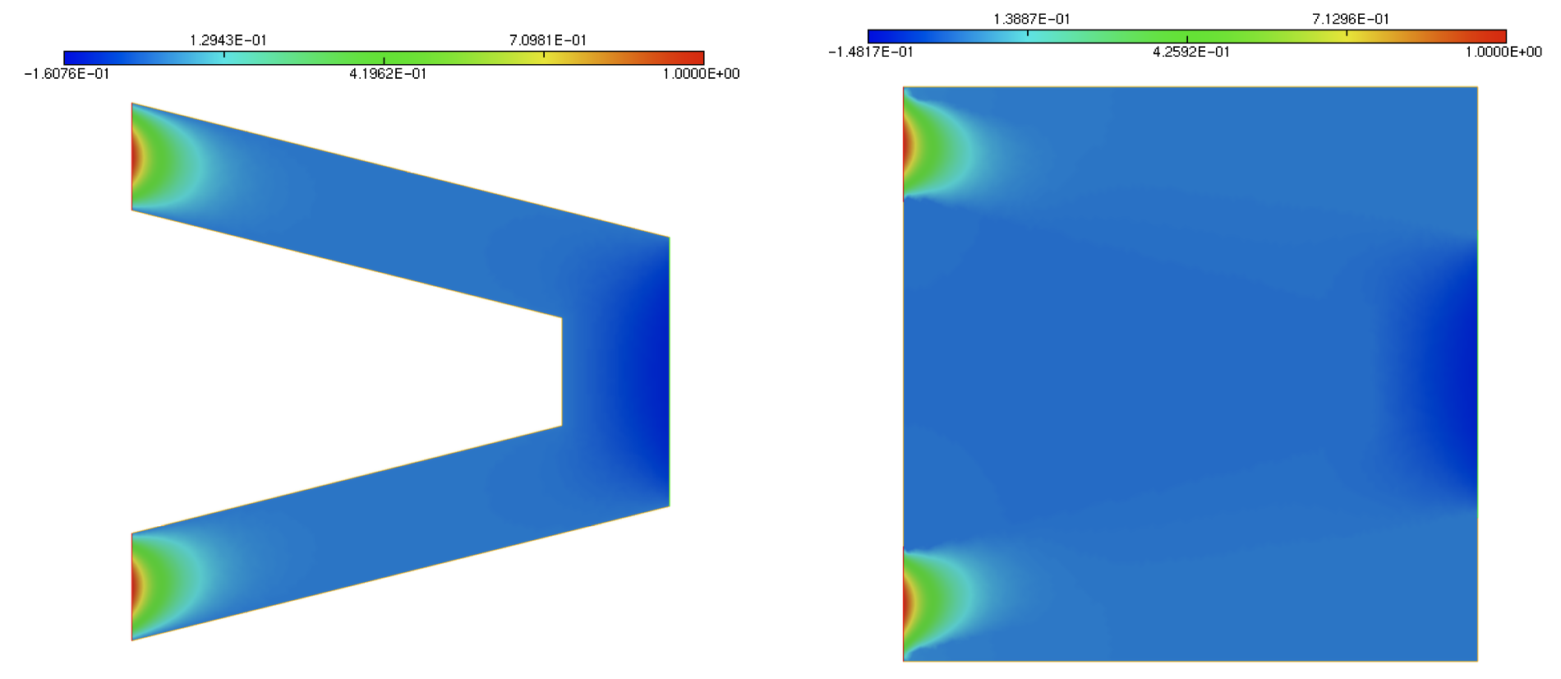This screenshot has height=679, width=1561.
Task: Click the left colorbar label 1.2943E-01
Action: click(x=228, y=40)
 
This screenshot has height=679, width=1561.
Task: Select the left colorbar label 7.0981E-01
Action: click(x=547, y=40)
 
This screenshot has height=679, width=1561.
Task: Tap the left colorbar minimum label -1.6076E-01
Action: click(x=67, y=74)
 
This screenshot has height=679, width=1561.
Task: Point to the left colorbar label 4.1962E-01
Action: click(x=388, y=74)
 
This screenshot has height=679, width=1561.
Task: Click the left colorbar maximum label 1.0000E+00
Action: click(x=701, y=74)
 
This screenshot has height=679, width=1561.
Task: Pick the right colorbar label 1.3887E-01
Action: click(x=1031, y=19)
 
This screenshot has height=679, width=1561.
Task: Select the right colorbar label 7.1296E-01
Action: click(x=1350, y=19)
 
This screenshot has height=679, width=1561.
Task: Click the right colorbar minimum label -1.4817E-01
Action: click(x=870, y=52)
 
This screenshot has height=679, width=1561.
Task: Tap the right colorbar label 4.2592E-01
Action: click(x=1190, y=52)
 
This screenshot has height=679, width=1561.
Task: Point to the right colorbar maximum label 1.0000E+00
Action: click(x=1503, y=52)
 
